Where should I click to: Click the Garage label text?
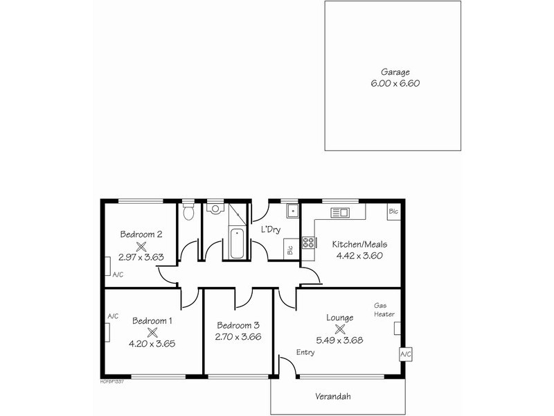tap(395, 71)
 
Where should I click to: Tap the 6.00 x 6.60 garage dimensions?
tap(395, 83)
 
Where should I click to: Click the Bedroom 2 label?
tap(141, 234)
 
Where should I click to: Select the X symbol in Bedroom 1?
tap(152, 331)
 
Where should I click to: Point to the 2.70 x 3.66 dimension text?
tap(238, 337)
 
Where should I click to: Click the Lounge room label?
tap(340, 318)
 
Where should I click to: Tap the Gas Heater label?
tap(384, 309)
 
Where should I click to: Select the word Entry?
tap(305, 352)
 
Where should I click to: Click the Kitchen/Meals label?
tap(359, 244)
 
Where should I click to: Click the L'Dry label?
tap(270, 230)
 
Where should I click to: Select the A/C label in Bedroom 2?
tap(117, 275)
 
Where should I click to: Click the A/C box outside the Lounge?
tap(405, 354)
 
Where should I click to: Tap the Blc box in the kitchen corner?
tap(393, 211)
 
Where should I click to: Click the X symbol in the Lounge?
tap(340, 329)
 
